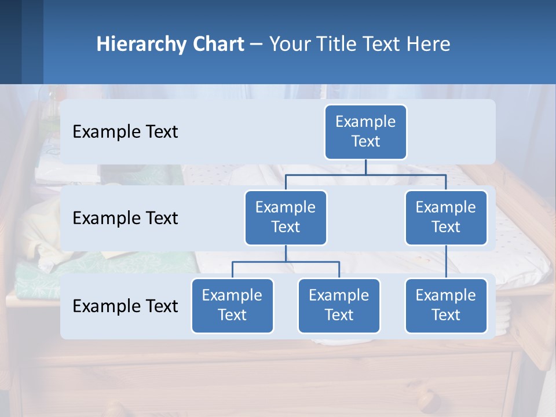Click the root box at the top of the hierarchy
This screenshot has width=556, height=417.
[365, 132]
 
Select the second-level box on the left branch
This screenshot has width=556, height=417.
[286, 218]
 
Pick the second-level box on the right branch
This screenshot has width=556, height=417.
[446, 218]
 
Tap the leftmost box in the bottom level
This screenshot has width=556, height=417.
[232, 306]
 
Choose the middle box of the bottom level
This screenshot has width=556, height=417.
[339, 306]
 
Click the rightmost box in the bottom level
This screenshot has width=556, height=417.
[446, 306]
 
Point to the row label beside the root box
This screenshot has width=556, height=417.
[125, 132]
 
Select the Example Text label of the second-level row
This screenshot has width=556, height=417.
[125, 218]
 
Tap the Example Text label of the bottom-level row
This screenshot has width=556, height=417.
[125, 306]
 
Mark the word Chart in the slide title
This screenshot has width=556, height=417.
[218, 44]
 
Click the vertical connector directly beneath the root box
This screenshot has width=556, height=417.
[365, 167]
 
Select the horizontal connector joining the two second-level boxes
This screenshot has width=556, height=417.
[365, 174]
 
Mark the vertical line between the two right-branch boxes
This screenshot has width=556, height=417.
[446, 261]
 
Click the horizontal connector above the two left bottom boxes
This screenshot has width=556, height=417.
[286, 262]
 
